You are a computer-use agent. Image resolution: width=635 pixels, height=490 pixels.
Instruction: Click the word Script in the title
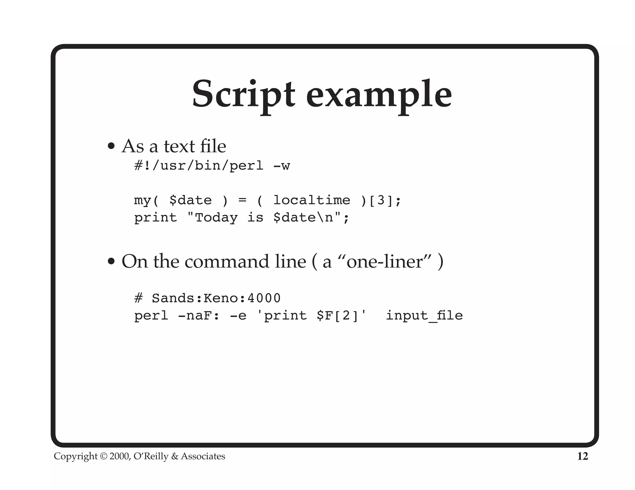click(x=243, y=94)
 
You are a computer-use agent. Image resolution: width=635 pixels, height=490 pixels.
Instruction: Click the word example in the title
click(x=379, y=94)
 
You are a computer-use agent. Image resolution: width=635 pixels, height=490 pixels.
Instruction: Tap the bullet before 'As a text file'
click(x=111, y=146)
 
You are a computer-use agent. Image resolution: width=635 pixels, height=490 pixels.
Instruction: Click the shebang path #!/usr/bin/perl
click(x=198, y=166)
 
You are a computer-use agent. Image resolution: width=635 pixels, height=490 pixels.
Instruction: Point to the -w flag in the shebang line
click(x=282, y=166)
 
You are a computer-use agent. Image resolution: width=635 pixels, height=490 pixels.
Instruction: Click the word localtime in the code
click(x=312, y=200)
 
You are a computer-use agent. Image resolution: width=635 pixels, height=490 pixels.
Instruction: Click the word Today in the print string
click(x=216, y=217)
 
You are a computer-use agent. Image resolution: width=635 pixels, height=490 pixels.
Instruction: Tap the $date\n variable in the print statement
click(x=303, y=217)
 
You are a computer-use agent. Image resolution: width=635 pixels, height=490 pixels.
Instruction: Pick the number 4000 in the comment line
click(x=264, y=298)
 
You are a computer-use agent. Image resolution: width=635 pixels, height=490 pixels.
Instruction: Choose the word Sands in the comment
click(x=173, y=298)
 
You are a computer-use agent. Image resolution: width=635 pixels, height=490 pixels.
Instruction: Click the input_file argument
click(x=424, y=316)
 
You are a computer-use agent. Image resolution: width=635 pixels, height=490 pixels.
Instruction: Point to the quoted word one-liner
click(x=384, y=262)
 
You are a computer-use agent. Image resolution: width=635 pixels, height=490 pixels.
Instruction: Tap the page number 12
click(x=582, y=456)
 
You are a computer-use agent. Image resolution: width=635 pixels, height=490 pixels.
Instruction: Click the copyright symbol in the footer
click(x=104, y=456)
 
